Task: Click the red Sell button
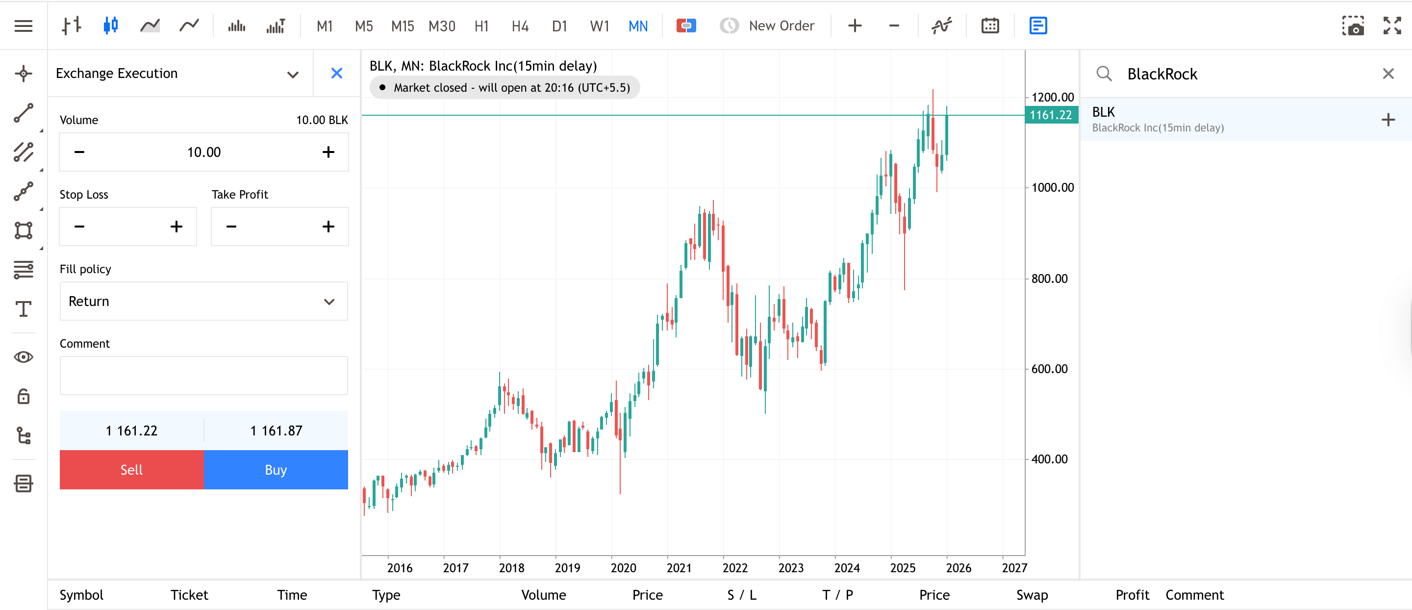coord(131,470)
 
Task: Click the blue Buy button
coord(276,470)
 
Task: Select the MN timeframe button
coord(637,26)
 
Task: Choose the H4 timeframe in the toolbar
coord(520,26)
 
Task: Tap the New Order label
coord(781,26)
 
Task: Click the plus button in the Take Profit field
coord(328,227)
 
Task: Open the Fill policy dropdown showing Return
coord(203,301)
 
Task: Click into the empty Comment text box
coord(203,376)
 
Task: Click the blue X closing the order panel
coord(336,73)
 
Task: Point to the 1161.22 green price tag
coord(1050,115)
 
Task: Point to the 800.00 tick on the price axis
coord(1049,279)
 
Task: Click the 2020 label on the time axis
coord(623,568)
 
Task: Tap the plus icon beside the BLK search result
coord(1387,120)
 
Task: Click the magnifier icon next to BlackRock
coord(1104,74)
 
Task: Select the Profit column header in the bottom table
coord(1132,595)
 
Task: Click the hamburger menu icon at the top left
coord(24,26)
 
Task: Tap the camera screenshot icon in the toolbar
coord(1352,26)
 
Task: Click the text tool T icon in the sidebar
coord(24,308)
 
